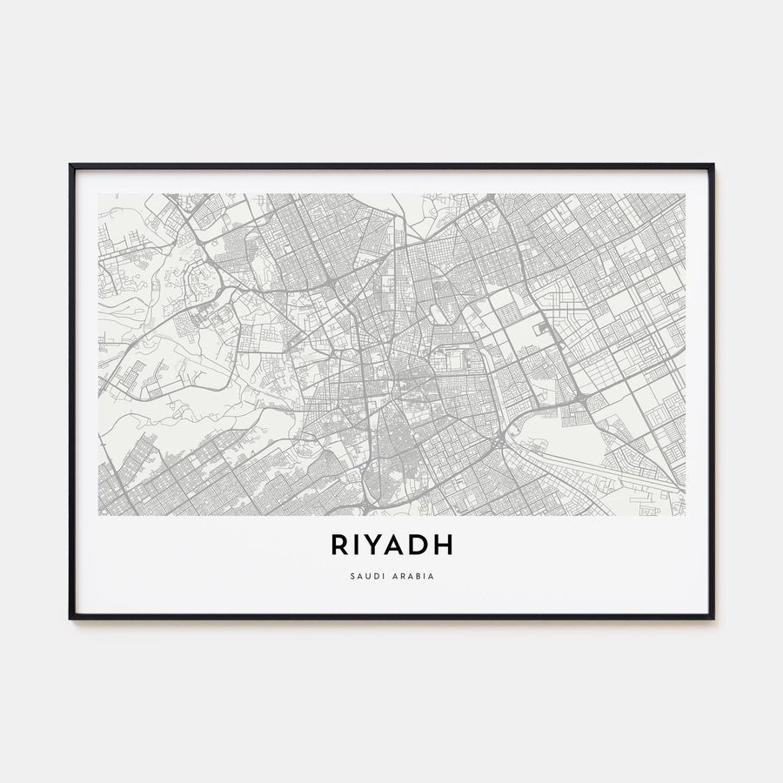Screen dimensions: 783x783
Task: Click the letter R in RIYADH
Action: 340,545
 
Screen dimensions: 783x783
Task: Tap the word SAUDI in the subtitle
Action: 366,576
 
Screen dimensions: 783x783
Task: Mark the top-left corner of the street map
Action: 98,194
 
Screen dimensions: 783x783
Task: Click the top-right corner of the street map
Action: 685,194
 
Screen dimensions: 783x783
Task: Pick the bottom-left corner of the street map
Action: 98,515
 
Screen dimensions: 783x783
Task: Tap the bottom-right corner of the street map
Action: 685,515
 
